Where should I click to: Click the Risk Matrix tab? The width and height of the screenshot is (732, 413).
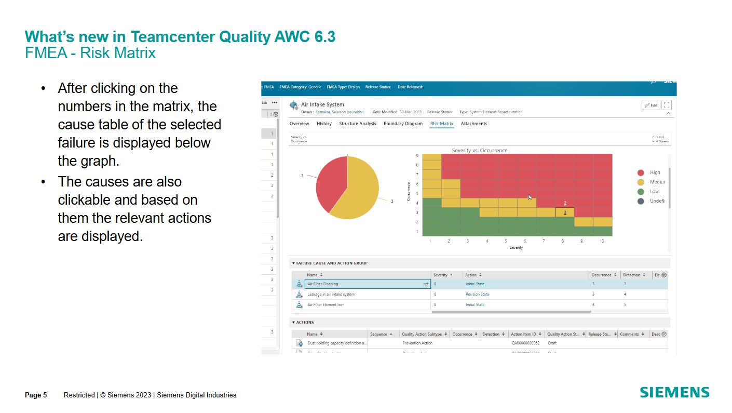point(441,124)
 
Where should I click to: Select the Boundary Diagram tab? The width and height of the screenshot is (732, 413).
point(403,124)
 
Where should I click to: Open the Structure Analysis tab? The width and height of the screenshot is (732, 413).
point(357,124)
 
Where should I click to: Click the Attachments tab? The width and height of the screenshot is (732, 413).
point(473,124)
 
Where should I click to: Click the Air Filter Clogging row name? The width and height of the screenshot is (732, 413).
point(322,284)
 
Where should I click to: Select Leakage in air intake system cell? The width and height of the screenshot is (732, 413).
point(331,295)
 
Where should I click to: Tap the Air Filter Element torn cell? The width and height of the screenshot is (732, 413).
point(326,305)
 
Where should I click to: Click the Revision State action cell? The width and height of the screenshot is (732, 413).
point(477,295)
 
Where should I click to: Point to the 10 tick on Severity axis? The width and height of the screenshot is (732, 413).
point(602,242)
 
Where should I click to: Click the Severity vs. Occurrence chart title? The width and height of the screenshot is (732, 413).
point(479,151)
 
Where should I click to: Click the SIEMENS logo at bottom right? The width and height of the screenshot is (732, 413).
point(674,392)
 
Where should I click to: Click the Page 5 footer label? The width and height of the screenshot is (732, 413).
point(36,395)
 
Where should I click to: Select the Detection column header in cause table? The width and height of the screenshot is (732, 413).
point(631,275)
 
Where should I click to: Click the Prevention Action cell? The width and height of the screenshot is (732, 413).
point(417,343)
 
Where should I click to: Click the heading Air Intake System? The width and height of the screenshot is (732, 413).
point(322,104)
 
